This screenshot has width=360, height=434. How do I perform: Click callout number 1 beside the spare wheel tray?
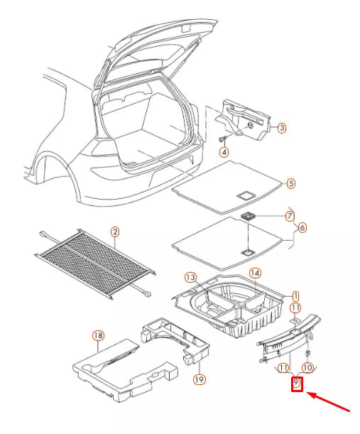point(296,295)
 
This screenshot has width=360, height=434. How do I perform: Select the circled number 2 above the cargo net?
point(115,232)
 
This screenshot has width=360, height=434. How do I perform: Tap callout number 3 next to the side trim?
point(281,129)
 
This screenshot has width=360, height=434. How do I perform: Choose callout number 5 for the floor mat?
point(290,183)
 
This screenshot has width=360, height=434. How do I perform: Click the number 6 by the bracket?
point(302,228)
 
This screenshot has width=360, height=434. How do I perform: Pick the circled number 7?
point(290,215)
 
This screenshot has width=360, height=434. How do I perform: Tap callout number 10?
point(307,367)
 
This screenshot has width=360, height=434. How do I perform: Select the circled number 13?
point(190,276)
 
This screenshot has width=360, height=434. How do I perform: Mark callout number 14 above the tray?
point(255,273)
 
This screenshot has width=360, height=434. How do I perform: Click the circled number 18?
point(98,335)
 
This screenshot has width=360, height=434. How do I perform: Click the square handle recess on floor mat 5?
point(246,193)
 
